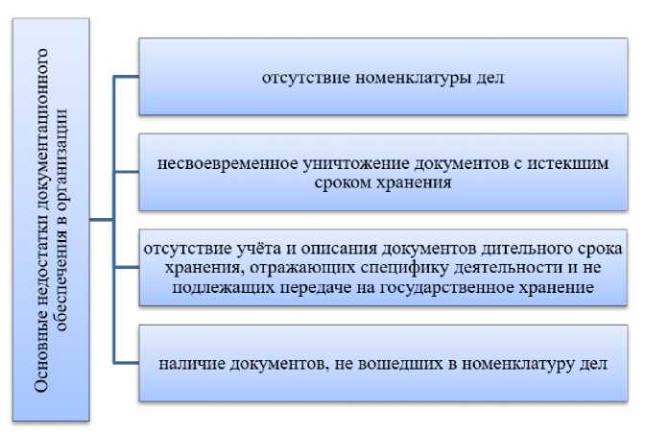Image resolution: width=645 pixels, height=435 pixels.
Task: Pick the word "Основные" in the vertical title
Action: tap(42, 356)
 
